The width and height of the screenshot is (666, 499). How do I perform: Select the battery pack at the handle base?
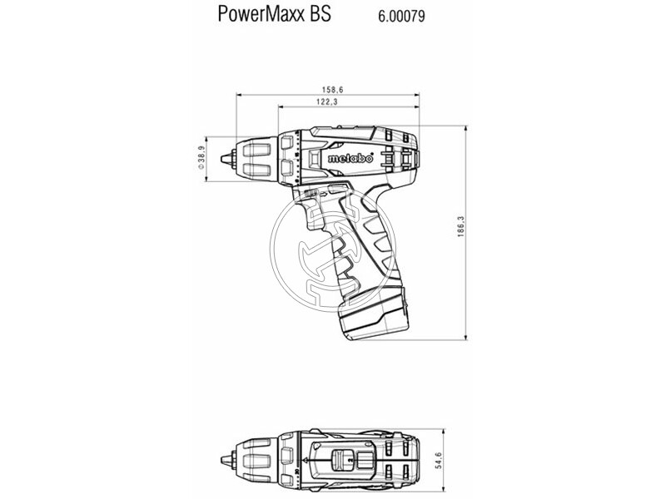(x=375, y=320)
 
